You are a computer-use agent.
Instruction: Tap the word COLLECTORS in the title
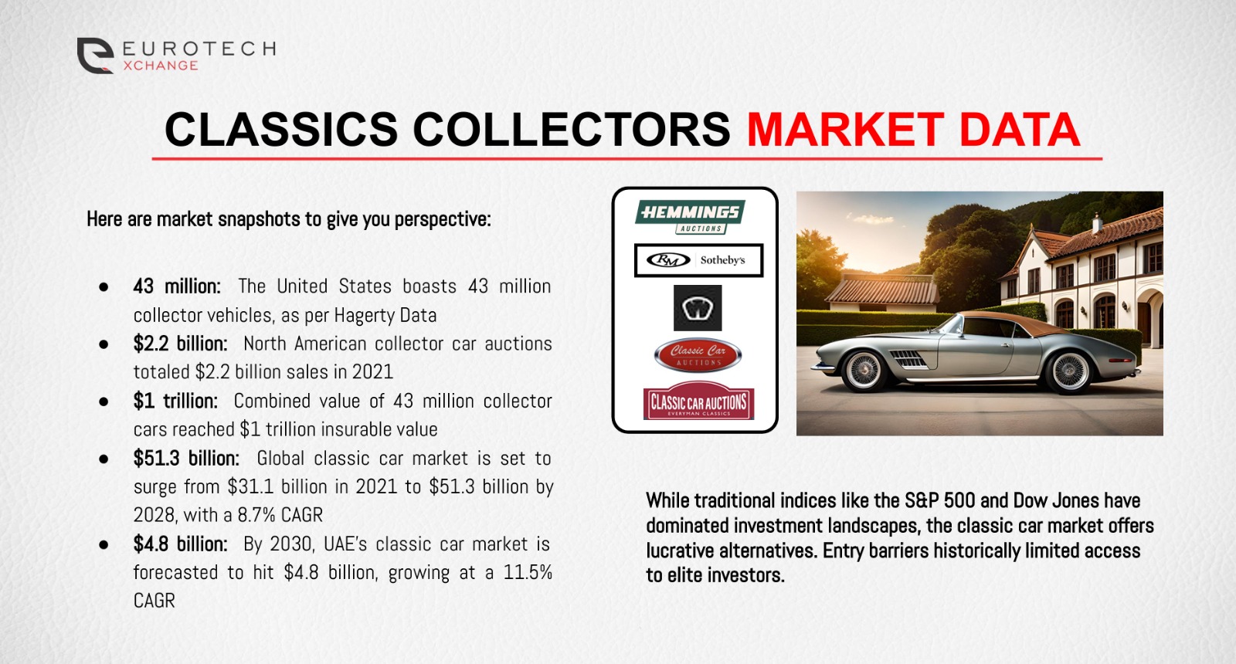click(572, 129)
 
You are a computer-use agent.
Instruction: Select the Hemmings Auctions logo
click(690, 215)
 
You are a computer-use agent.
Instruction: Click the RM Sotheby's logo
click(698, 260)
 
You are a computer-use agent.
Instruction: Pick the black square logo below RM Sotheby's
click(698, 307)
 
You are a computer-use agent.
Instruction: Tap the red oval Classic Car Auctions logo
click(698, 354)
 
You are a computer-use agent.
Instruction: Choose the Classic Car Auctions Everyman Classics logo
click(698, 402)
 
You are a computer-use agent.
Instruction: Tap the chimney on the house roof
click(1097, 222)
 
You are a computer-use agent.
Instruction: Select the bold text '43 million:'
click(177, 286)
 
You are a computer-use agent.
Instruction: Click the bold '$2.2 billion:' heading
click(180, 344)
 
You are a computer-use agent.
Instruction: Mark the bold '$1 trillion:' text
click(175, 401)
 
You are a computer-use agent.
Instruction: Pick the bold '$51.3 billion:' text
click(186, 458)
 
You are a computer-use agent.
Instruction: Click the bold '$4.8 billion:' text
click(180, 544)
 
